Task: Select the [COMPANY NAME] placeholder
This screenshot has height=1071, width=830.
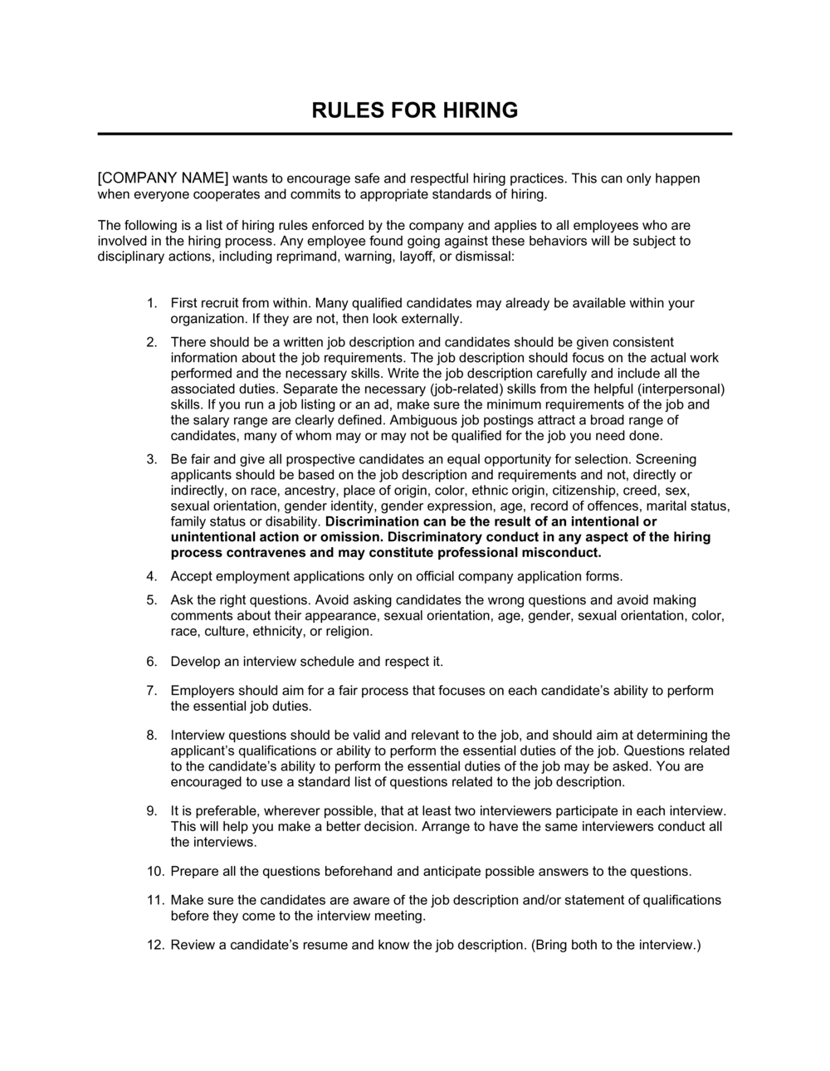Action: coord(163,178)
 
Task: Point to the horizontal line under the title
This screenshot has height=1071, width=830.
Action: coord(415,134)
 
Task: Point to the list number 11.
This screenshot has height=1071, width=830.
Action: coord(154,901)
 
